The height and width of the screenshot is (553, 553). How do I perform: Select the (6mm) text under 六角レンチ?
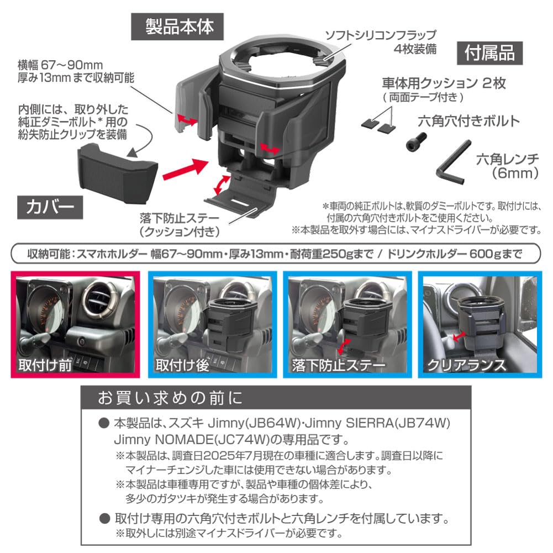click(x=514, y=173)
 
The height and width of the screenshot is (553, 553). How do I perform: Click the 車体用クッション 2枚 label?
click(x=443, y=83)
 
